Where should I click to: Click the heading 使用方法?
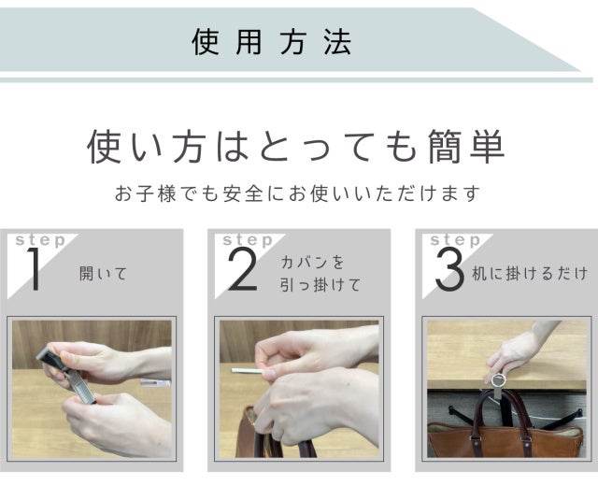click(271, 41)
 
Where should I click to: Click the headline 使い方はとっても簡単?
click(296, 147)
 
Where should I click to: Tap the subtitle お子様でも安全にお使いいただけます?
click(298, 193)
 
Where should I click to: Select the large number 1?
click(34, 269)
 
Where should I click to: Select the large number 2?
click(243, 269)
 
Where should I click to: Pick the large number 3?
click(450, 269)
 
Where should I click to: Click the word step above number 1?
click(40, 240)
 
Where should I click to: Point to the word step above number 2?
click(248, 240)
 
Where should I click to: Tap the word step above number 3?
click(455, 240)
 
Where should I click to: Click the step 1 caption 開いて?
click(103, 274)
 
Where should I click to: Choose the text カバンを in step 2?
click(312, 262)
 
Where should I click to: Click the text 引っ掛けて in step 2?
click(320, 284)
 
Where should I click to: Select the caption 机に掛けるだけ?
click(530, 274)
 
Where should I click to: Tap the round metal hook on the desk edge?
click(498, 380)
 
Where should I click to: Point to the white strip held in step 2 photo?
click(248, 370)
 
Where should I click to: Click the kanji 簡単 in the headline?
click(466, 147)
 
